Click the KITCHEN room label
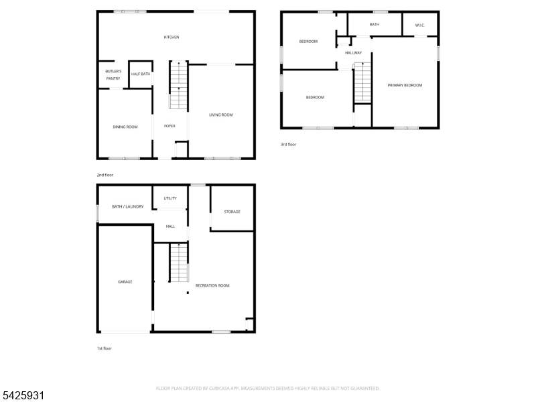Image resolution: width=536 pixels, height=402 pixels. [x=172, y=37]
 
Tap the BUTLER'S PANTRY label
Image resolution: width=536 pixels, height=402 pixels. [x=113, y=74]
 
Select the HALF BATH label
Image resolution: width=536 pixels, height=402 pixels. [x=140, y=74]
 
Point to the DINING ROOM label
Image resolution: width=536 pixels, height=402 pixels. [x=125, y=127]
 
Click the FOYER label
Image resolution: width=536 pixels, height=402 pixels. [x=170, y=126]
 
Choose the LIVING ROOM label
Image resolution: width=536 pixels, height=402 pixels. [x=220, y=115]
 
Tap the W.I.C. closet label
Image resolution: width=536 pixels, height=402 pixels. [x=420, y=25]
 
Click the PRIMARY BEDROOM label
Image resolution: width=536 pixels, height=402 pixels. [x=405, y=85]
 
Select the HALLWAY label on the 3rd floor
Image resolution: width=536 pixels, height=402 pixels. [x=353, y=53]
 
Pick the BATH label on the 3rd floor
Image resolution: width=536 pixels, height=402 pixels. [x=374, y=25]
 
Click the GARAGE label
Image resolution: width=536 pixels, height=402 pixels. [x=125, y=281]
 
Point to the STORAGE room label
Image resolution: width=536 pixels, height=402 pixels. [x=232, y=212]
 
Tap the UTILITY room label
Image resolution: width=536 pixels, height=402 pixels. [x=170, y=198]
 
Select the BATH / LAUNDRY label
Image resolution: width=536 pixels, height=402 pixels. [x=127, y=206]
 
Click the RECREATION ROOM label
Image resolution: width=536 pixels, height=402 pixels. [x=212, y=285]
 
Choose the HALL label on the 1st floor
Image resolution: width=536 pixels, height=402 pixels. [x=170, y=226]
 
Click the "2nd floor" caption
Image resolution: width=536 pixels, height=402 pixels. [x=105, y=175]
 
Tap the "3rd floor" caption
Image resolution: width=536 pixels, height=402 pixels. [x=288, y=144]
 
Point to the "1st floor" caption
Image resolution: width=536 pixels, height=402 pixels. [x=105, y=348]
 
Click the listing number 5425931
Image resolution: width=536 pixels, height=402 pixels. [x=23, y=396]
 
